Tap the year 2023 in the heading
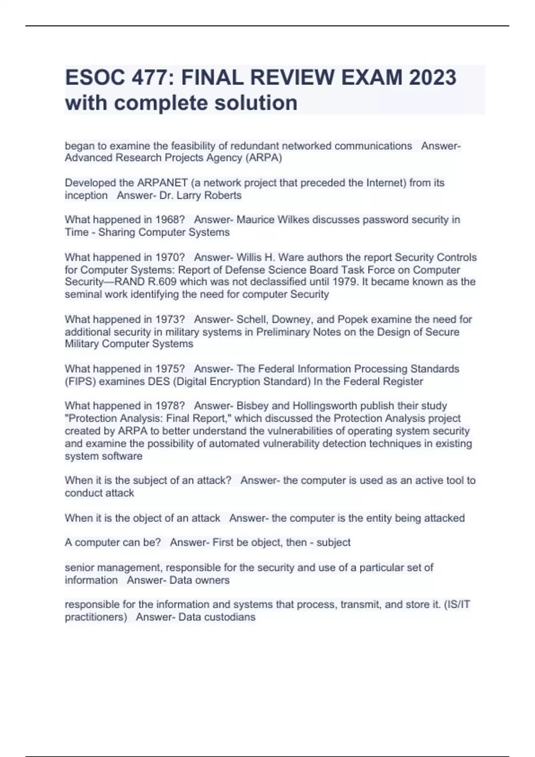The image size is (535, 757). pyautogui.click(x=432, y=77)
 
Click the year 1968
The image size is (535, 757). pyautogui.click(x=170, y=220)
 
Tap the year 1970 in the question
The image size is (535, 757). pyautogui.click(x=170, y=257)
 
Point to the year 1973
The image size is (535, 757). pyautogui.click(x=170, y=319)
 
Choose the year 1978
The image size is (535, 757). pyautogui.click(x=170, y=406)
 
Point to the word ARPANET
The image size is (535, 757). pyautogui.click(x=162, y=183)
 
